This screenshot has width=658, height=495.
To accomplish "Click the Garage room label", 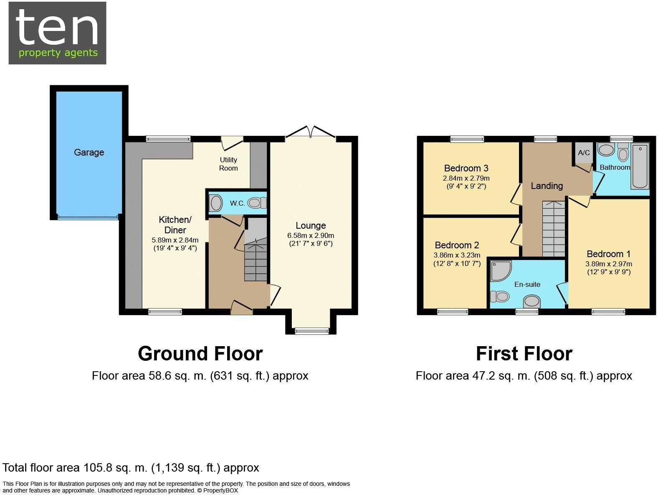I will [x=89, y=153].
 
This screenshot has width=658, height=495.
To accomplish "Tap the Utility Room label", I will [x=228, y=164].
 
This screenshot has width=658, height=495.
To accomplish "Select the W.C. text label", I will [x=238, y=204].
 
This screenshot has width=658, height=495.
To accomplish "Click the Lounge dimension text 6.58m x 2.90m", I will [x=311, y=235].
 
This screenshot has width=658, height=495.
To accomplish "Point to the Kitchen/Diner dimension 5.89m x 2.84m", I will [x=175, y=240].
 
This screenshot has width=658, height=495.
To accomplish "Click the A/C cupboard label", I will [x=584, y=153].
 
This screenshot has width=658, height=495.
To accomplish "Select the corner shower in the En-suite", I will [x=499, y=271].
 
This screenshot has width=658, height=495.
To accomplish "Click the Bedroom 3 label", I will [x=466, y=168].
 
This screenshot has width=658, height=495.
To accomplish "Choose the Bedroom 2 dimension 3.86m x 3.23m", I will [x=457, y=255].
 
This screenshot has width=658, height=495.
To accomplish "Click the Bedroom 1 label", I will [x=608, y=254].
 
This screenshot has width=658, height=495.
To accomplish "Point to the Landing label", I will [x=547, y=186].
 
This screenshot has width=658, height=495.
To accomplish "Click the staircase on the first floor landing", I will [x=554, y=229].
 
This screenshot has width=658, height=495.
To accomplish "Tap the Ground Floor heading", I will [x=200, y=354].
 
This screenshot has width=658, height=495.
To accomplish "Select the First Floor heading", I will [x=524, y=354].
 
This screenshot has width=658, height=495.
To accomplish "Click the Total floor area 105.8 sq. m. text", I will [x=131, y=467].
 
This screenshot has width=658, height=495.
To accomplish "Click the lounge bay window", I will [x=311, y=331].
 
